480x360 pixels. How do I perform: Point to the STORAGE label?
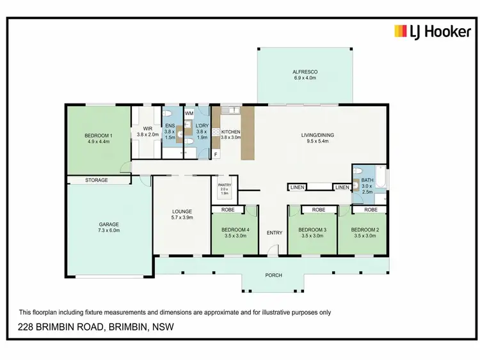(x=97, y=180)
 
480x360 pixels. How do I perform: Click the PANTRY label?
(x=224, y=187)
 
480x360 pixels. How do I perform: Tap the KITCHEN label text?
(x=230, y=132)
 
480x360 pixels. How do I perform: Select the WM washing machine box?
(x=189, y=113)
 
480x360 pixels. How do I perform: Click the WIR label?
(x=147, y=127)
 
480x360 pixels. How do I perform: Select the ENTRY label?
(x=274, y=232)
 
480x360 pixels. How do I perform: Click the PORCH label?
(x=273, y=276)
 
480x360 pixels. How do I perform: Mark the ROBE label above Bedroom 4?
(x=228, y=209)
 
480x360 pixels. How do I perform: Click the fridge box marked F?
(x=216, y=155)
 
